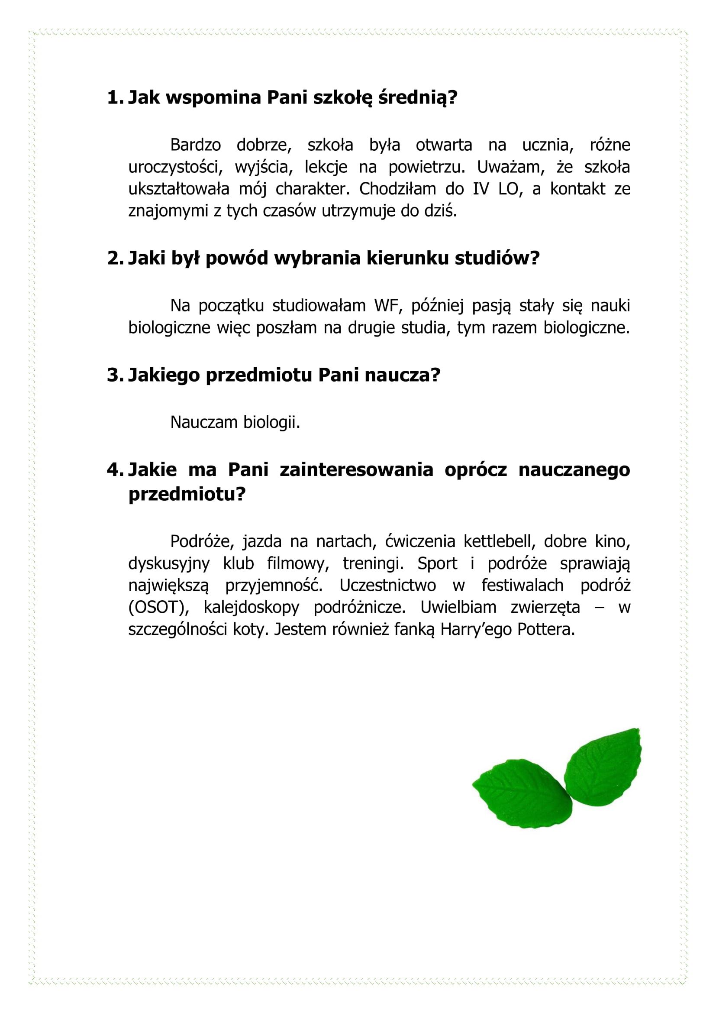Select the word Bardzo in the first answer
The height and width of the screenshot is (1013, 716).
coord(195,145)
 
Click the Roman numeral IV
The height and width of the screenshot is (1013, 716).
coord(481,189)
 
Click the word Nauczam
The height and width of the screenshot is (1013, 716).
coord(204,422)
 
